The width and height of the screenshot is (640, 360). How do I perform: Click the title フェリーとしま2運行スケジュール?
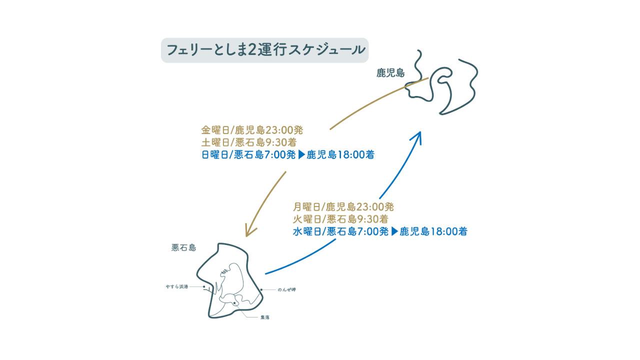[x=264, y=50]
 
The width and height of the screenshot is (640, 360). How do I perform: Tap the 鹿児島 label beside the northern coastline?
[x=390, y=73]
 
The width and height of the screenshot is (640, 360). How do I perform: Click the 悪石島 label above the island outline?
[x=183, y=247]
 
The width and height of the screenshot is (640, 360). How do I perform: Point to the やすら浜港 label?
[x=177, y=287]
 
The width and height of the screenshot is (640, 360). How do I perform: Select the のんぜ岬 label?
[x=286, y=290]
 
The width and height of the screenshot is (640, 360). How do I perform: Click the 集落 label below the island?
[x=264, y=317]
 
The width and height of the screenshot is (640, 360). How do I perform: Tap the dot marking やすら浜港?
[x=204, y=287]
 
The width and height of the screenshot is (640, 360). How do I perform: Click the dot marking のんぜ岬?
[x=261, y=289]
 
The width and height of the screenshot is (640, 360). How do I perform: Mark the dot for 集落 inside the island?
[x=234, y=302]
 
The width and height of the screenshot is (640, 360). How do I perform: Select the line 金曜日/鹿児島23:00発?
[x=252, y=130]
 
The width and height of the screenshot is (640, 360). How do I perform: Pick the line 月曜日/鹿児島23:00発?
[x=344, y=206]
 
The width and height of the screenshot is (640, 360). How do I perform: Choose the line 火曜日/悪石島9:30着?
[x=341, y=219]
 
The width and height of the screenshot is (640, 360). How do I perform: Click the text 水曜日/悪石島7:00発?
[x=340, y=231]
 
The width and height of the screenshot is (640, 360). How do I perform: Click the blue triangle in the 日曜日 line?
[x=301, y=154]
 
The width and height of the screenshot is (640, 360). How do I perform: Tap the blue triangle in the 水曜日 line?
[x=394, y=231]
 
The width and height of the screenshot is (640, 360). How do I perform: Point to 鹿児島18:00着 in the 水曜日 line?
[x=433, y=231]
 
